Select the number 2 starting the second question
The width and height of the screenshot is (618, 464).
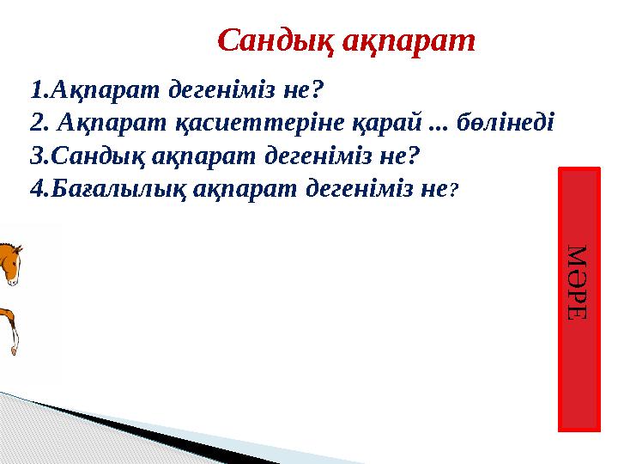point(34,123)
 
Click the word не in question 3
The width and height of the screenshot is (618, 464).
point(408,156)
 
